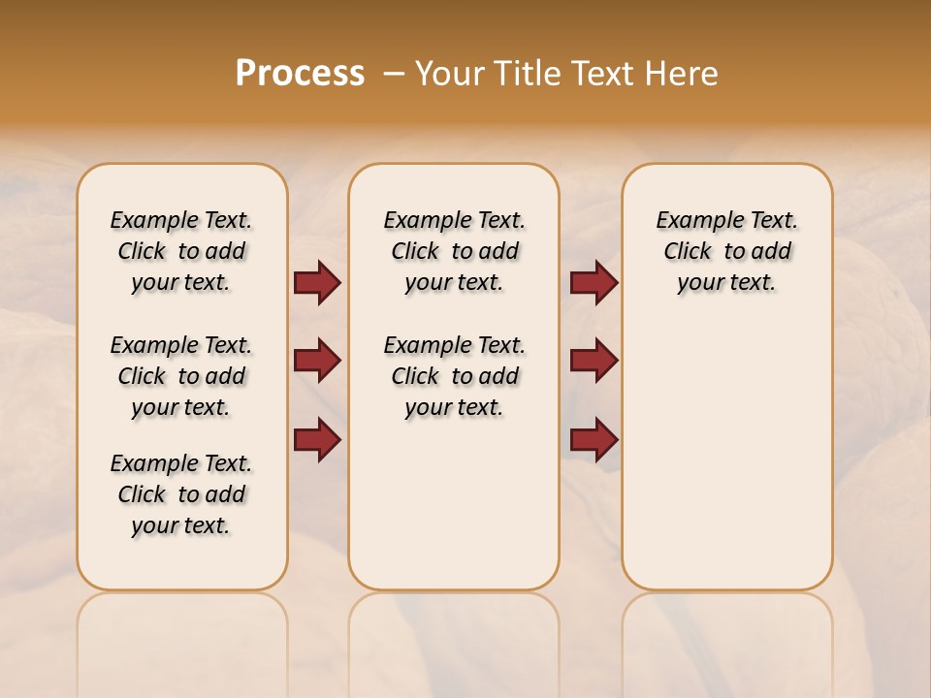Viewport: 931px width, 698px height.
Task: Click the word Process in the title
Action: [300, 74]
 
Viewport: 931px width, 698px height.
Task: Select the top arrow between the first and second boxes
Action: [317, 283]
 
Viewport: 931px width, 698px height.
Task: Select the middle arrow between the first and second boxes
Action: [317, 361]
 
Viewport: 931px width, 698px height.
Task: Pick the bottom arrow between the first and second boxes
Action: [317, 439]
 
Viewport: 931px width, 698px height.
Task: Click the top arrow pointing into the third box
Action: [594, 283]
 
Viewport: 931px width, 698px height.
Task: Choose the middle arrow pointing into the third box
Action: [594, 361]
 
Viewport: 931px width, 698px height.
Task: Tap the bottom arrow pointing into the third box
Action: [594, 439]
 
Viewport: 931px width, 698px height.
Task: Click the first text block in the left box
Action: [181, 251]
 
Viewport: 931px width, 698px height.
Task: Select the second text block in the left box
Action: [181, 376]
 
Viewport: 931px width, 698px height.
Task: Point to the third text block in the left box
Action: [181, 494]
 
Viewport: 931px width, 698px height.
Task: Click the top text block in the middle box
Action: [454, 251]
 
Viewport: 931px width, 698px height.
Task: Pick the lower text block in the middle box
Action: [454, 376]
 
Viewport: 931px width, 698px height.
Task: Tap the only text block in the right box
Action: [726, 251]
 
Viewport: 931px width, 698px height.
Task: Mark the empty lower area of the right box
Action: [726, 456]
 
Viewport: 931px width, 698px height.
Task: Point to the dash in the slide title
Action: [394, 74]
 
